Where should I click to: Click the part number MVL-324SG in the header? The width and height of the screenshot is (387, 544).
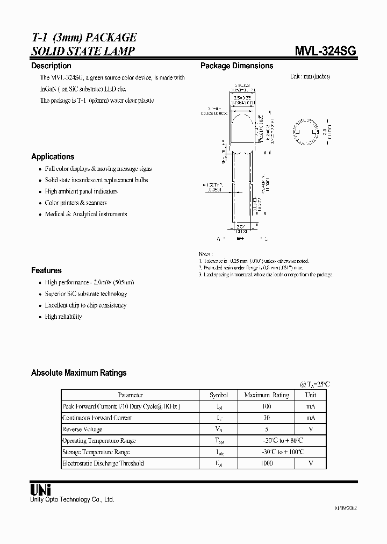point(325,51)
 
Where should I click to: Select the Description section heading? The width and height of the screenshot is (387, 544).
point(51,66)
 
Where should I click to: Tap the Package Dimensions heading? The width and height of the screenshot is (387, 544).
point(236,66)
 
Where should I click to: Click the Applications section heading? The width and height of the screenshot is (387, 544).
point(53,156)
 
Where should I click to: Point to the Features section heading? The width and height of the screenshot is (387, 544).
point(46,270)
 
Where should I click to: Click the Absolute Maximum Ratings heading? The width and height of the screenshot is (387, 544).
point(78,373)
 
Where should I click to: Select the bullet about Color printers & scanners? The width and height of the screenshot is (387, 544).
point(76,203)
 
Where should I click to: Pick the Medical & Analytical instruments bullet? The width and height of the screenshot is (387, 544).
point(86,214)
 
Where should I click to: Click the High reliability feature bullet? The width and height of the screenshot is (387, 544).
point(63,317)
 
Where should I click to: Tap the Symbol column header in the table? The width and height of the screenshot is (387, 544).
point(218,395)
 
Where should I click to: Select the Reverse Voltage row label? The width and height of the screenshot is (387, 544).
point(82,429)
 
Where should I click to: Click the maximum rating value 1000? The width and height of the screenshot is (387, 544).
point(267,463)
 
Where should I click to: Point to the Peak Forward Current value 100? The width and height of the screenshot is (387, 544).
point(267,406)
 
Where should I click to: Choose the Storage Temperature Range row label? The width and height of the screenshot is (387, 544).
point(96,452)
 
